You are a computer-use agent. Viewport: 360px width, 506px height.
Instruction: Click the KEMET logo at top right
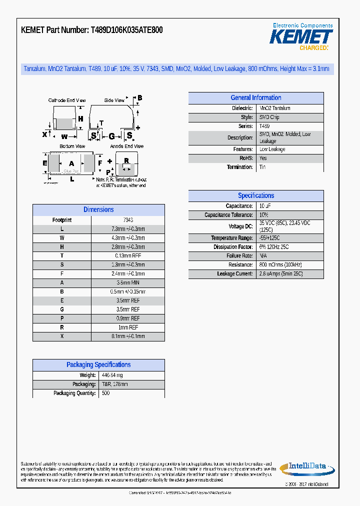click(301, 36)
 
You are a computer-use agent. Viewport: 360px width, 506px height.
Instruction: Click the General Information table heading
click(255, 98)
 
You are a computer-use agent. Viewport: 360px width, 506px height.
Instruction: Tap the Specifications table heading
click(255, 195)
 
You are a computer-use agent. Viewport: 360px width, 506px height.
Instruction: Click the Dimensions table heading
click(98, 209)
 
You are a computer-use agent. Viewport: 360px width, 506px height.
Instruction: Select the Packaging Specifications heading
click(98, 365)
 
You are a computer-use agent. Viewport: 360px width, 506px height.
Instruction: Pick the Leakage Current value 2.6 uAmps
click(281, 274)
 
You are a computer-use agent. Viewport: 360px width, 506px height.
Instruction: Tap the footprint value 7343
click(128, 220)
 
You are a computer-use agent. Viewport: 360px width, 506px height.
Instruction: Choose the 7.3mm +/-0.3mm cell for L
click(128, 229)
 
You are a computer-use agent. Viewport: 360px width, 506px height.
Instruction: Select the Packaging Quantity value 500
click(105, 393)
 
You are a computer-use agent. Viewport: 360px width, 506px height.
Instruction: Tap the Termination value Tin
click(262, 167)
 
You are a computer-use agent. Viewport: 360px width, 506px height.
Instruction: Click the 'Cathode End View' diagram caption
click(67, 100)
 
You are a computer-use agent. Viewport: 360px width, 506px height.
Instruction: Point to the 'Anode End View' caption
click(127, 146)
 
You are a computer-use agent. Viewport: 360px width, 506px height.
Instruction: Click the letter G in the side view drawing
click(111, 135)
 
